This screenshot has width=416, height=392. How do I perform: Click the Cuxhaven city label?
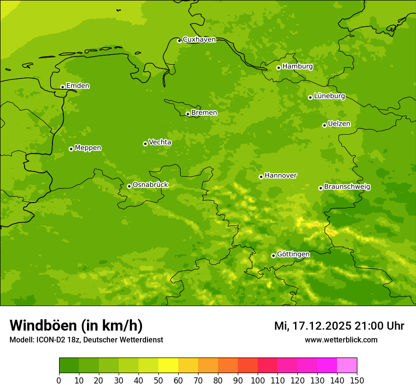(x=199, y=40)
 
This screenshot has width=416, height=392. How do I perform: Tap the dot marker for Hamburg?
(x=278, y=68)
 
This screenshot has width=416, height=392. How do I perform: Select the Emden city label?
(x=78, y=86)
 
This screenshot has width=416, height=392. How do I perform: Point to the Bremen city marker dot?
(x=188, y=114)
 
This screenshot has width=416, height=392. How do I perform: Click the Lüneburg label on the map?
(x=329, y=96)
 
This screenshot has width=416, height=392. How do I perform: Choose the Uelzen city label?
(x=339, y=124)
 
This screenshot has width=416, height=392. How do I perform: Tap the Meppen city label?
(x=88, y=148)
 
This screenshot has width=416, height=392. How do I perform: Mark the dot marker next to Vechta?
(x=145, y=144)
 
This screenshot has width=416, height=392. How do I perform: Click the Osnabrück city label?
(x=150, y=185)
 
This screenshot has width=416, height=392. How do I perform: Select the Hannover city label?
(x=280, y=176)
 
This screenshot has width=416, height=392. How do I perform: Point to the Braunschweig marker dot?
(x=321, y=188)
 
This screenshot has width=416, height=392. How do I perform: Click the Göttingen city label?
(x=293, y=254)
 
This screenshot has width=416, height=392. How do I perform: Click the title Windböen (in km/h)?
(x=76, y=325)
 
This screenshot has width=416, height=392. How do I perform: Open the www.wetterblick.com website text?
(x=341, y=340)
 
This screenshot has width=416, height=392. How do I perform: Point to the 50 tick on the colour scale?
(x=158, y=380)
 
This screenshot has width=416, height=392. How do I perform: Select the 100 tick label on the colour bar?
(x=258, y=380)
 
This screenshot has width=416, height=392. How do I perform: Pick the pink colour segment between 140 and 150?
(x=347, y=365)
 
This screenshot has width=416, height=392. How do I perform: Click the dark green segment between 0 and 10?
(x=69, y=365)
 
